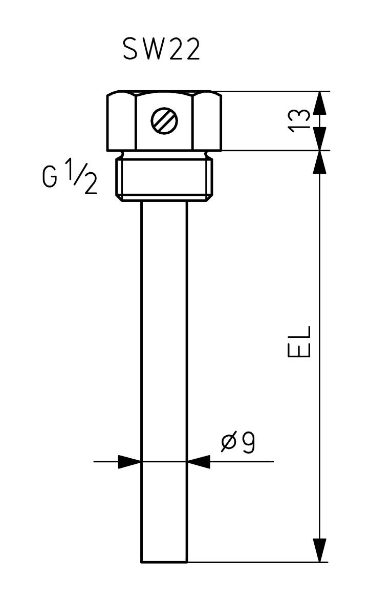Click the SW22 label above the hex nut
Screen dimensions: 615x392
click(161, 50)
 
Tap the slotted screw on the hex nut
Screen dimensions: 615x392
click(164, 121)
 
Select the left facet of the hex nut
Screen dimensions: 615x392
click(121, 121)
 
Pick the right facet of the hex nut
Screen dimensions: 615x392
click(207, 121)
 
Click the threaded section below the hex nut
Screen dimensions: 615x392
click(164, 178)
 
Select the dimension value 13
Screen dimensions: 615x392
click(299, 120)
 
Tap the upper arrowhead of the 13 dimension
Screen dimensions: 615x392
click(320, 102)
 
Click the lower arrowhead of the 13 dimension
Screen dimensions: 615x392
click(320, 139)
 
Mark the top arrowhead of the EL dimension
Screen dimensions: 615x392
click(320, 162)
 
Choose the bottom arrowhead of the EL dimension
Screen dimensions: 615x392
click(320, 550)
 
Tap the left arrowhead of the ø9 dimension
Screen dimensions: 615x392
click(129, 461)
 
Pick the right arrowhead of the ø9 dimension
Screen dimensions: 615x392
click(199, 461)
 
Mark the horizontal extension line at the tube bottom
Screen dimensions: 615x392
click(256, 562)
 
